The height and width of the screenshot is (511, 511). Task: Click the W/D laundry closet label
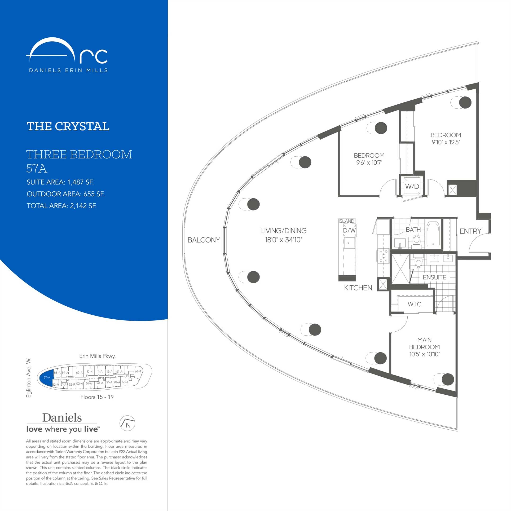tap(412, 186)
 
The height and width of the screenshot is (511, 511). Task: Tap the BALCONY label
tap(204, 240)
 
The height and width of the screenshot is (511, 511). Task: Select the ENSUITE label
tap(435, 277)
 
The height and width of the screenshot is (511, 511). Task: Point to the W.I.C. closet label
tap(415, 304)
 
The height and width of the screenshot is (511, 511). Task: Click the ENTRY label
tap(470, 231)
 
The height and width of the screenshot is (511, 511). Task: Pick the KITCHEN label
tap(358, 288)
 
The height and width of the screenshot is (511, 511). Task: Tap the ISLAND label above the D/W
tap(347, 221)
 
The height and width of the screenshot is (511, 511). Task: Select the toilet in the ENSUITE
tap(418, 262)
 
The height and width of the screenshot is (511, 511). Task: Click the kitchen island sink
tap(349, 243)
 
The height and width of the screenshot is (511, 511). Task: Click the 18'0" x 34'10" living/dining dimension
tap(283, 240)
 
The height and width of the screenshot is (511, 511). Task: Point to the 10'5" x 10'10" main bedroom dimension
tap(424, 354)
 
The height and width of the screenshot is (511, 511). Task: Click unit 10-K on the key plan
tap(89, 372)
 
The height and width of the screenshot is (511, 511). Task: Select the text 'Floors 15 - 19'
tap(97, 397)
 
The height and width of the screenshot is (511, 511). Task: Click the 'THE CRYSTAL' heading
tap(68, 126)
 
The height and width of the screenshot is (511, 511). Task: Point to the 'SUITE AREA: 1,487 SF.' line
tap(60, 182)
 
